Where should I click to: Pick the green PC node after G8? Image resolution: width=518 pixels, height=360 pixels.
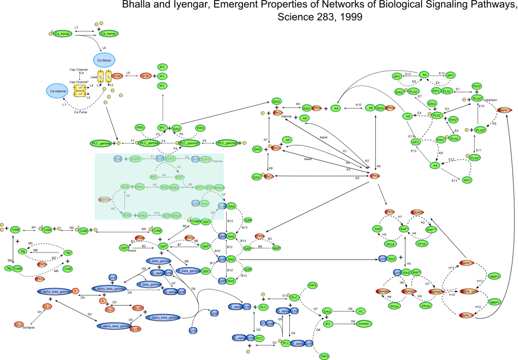pyautogui.click(x=360, y=311)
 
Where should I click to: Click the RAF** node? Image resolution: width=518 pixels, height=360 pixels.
pyautogui.click(x=431, y=229)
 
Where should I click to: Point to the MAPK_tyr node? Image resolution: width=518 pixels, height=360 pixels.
pyautogui.click(x=469, y=291)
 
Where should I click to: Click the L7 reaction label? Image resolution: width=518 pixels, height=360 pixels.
pyautogui.click(x=76, y=27)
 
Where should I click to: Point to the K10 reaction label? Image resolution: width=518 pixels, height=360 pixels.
pyautogui.click(x=358, y=105)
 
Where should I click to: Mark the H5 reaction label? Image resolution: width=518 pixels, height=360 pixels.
pyautogui.click(x=408, y=264)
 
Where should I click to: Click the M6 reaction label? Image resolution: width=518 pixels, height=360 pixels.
pyautogui.click(x=35, y=250)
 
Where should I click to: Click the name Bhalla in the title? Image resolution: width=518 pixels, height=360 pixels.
pyautogui.click(x=137, y=6)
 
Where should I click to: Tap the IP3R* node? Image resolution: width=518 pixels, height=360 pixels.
pyautogui.click(x=117, y=76)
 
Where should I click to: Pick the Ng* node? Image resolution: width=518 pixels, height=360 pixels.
pyautogui.click(x=68, y=252)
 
